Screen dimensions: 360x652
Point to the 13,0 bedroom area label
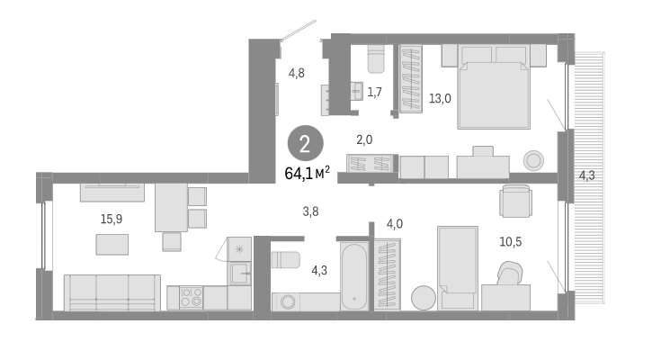pyautogui.click(x=440, y=99)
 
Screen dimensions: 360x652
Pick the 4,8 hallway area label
pyautogui.click(x=297, y=73)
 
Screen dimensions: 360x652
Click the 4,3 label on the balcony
pyautogui.click(x=586, y=175)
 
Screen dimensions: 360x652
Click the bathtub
pyautogui.click(x=353, y=274)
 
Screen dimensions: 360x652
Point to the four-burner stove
pyautogui.click(x=192, y=297)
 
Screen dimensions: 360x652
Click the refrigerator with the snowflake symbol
pyautogui.click(x=239, y=248)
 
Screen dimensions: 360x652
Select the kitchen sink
pyautogui.click(x=239, y=274)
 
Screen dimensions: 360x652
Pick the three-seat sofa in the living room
pyautogui.click(x=112, y=292)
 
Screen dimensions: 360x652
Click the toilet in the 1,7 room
pyautogui.click(x=376, y=59)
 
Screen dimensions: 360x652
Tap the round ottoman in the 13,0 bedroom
pyautogui.click(x=533, y=160)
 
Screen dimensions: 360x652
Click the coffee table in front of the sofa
pyautogui.click(x=112, y=244)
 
